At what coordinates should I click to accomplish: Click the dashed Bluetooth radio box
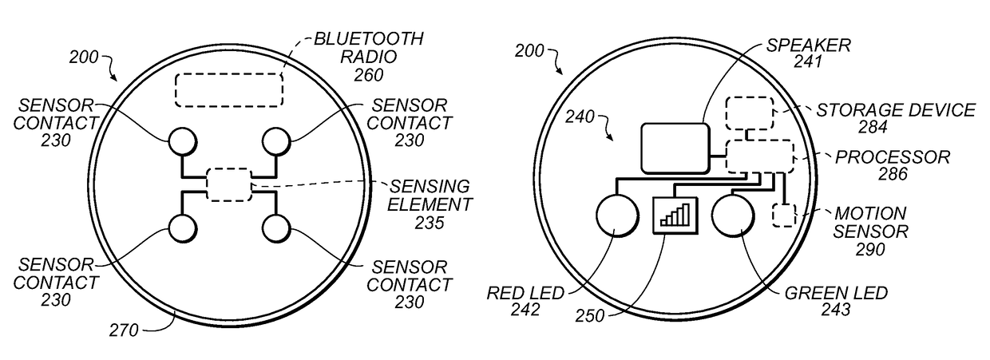(x=228, y=90)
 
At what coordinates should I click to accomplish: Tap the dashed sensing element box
(x=228, y=184)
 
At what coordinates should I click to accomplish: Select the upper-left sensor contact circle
(x=181, y=141)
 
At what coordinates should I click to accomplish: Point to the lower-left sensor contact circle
(x=181, y=229)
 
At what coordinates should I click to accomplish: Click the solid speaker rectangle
(x=675, y=148)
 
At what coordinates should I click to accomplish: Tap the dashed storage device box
(x=749, y=113)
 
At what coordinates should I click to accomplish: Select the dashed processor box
(x=758, y=157)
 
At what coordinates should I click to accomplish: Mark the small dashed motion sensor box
(x=785, y=215)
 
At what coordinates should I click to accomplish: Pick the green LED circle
(x=732, y=216)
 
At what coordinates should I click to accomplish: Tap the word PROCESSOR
(x=893, y=156)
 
